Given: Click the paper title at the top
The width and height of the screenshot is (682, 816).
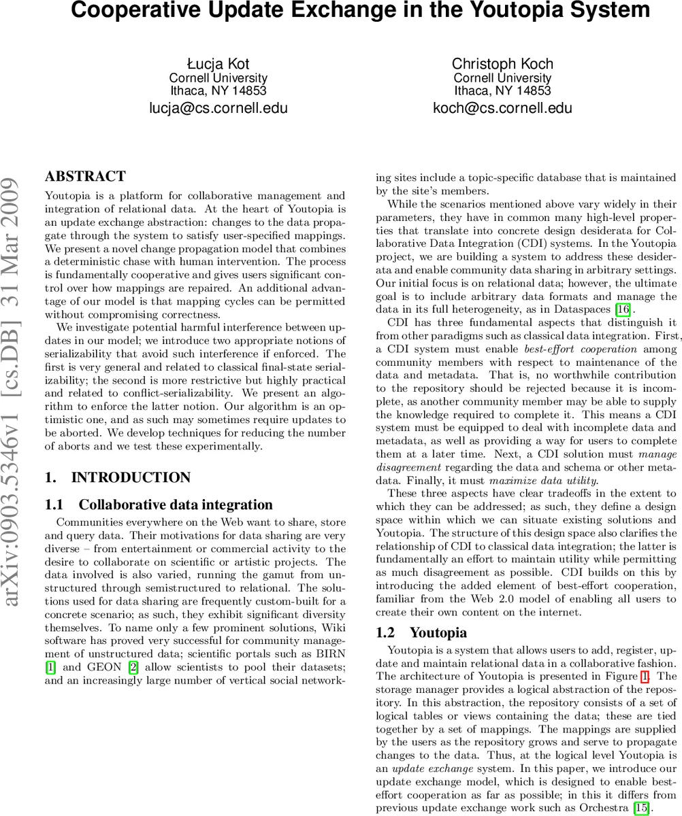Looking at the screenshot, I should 360,12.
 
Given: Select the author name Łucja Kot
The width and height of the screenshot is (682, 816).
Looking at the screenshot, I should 218,64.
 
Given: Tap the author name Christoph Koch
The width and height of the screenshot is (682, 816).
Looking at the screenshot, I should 502,64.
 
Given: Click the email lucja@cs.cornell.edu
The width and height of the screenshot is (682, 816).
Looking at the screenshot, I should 218,108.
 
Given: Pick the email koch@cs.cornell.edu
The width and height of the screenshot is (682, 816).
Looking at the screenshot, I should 502,108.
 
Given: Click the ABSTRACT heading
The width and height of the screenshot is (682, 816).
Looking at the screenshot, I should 85,177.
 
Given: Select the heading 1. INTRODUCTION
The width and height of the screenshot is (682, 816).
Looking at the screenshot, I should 118,477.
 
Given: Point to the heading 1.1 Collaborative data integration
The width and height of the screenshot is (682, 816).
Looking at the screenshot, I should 158,505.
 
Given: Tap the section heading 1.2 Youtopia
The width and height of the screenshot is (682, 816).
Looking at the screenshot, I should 421,632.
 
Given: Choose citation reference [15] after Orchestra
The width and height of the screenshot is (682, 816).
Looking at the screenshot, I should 640,809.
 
